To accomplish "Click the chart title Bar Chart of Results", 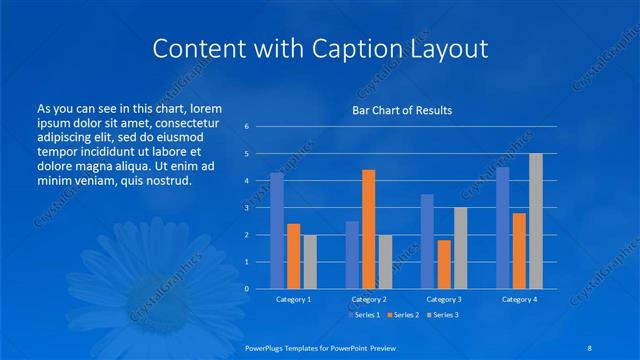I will [x=402, y=110].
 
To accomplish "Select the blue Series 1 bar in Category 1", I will [x=277, y=231].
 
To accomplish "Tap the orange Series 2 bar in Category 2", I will [x=368, y=229].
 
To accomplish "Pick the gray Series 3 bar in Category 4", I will [x=535, y=221].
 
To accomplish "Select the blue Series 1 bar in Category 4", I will [x=502, y=228].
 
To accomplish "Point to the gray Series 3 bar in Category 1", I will [x=310, y=262].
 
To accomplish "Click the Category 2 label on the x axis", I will [x=369, y=299].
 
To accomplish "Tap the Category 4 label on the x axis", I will [x=519, y=299].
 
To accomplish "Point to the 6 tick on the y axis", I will [x=246, y=127].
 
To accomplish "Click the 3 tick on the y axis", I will [x=246, y=208].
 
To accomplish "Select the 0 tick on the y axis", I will [x=246, y=289].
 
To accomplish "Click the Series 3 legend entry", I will [x=442, y=315].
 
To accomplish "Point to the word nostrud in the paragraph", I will [x=166, y=181].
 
